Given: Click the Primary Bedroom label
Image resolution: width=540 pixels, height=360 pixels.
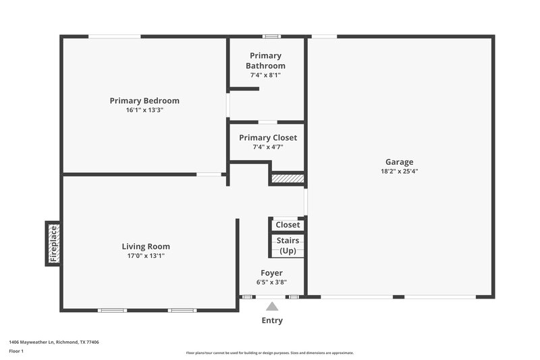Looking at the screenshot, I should (x=144, y=101).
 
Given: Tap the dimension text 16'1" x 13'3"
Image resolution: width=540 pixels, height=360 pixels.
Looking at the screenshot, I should (x=144, y=109).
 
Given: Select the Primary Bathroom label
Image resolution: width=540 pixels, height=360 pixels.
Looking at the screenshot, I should (x=265, y=61).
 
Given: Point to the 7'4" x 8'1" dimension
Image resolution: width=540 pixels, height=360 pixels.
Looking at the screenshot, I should (x=265, y=75).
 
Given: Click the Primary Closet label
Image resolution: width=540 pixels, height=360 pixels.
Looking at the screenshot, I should (x=268, y=138).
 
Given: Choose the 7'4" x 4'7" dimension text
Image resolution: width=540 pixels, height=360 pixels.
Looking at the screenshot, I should (x=268, y=147).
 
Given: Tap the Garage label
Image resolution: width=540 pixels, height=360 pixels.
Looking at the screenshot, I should (x=399, y=162).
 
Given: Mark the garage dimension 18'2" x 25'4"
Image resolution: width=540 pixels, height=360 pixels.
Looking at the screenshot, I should (x=399, y=171).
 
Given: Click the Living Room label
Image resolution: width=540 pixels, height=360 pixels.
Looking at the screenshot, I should (x=146, y=247).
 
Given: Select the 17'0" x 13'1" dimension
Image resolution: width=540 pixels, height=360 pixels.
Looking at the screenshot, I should (x=146, y=255).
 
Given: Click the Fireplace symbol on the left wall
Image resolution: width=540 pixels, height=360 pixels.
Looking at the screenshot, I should (x=53, y=244).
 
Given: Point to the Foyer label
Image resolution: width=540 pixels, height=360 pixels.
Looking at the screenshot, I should (x=271, y=273).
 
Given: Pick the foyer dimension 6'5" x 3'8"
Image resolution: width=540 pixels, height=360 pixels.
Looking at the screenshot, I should (x=271, y=282).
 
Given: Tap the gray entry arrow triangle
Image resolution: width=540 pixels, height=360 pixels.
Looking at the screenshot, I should (x=272, y=306).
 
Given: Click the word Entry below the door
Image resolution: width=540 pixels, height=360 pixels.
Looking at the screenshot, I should (x=272, y=320).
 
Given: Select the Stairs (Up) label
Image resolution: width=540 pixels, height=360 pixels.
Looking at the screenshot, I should (x=288, y=245).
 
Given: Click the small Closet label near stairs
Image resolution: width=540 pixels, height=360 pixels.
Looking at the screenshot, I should (x=288, y=225).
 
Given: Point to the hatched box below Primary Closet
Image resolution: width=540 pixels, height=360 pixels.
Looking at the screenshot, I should (x=288, y=179).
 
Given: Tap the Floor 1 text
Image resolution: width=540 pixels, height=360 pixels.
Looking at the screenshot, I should (x=16, y=351).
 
